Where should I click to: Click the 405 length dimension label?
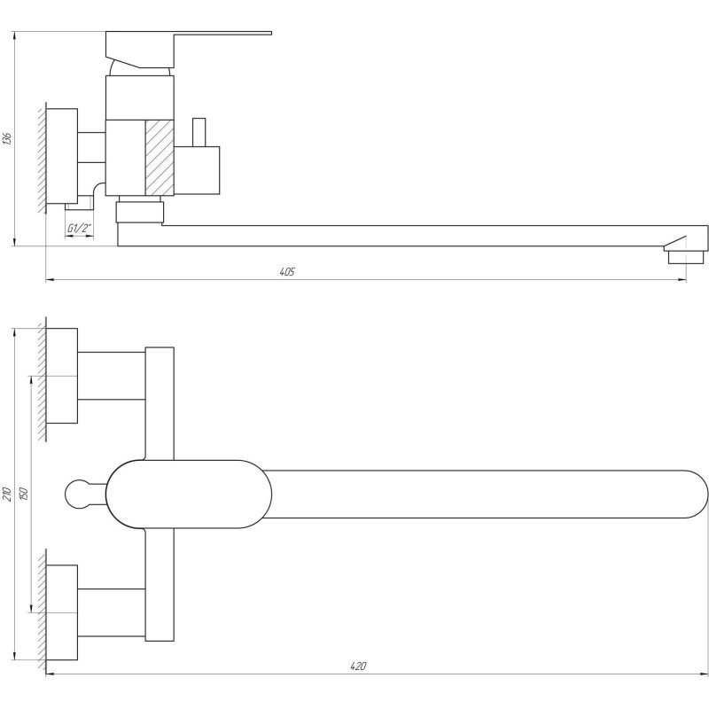coord(285,271)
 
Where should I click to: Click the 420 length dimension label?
coord(358,666)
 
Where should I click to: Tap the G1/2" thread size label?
coord(80,230)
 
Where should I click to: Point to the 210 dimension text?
coord(7,494)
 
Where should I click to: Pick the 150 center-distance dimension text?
coord(23,494)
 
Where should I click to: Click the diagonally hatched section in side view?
coord(160,157)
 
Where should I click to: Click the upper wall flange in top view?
coord(61,375)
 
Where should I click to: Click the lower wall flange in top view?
coord(61,612)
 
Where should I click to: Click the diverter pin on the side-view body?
coord(199,131)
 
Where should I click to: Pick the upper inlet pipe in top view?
coord(111,375)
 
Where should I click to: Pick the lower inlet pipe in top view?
coord(111,612)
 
